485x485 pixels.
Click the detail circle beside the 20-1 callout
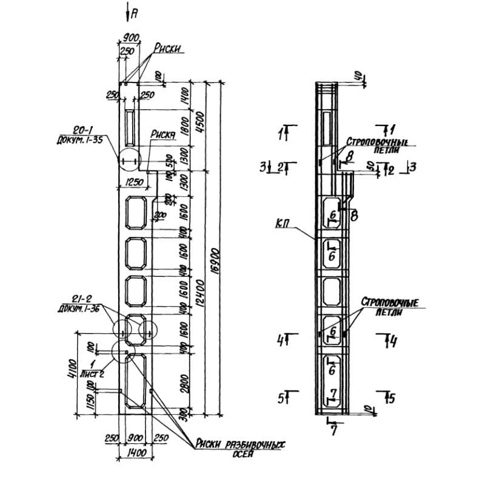(x=129, y=161)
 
